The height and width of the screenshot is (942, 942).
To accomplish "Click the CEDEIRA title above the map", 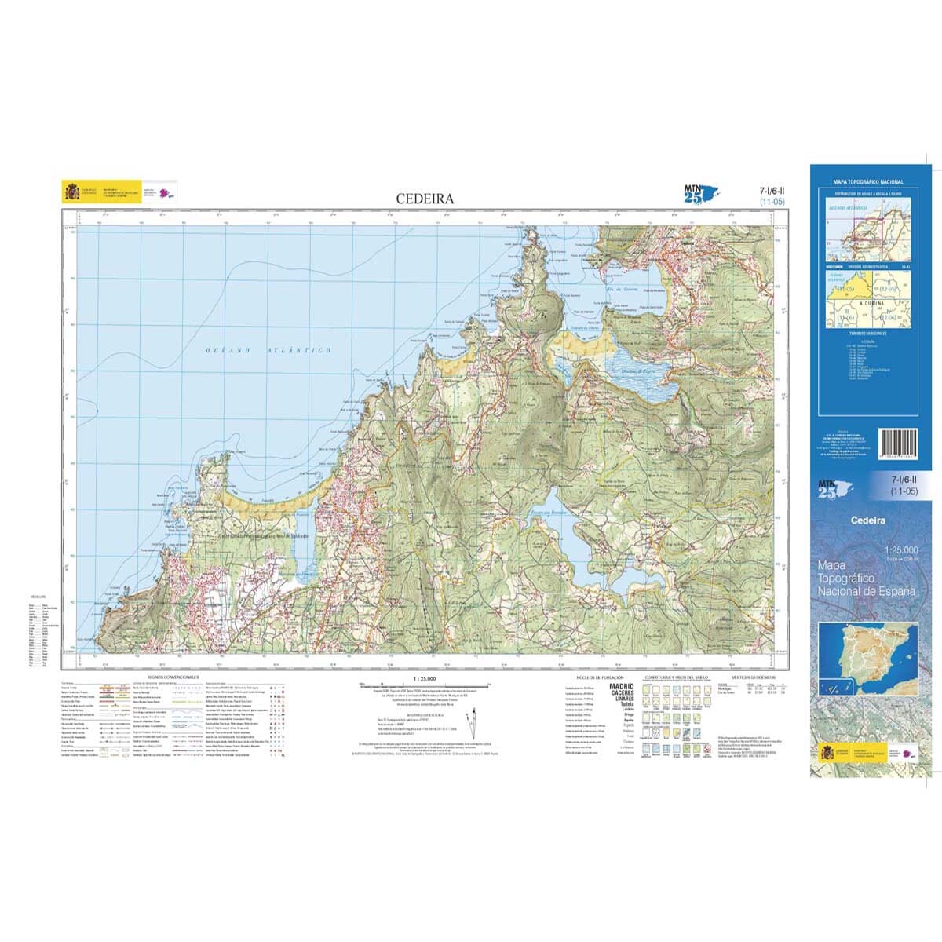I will click(x=425, y=199).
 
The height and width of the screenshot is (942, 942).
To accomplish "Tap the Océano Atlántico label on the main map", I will click(x=268, y=350).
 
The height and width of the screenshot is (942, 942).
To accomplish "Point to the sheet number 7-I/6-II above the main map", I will click(x=771, y=191).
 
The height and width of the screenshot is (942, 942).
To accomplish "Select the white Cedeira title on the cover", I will click(x=867, y=520).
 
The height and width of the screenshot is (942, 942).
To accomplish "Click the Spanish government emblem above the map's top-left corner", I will click(x=72, y=192).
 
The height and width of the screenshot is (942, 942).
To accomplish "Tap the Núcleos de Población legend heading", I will click(x=599, y=676).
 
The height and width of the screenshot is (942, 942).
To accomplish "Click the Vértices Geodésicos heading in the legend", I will click(x=753, y=676).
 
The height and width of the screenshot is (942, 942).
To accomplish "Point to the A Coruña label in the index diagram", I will click(x=871, y=302).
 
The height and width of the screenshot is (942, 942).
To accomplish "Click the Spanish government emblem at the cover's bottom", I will click(x=827, y=753).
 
